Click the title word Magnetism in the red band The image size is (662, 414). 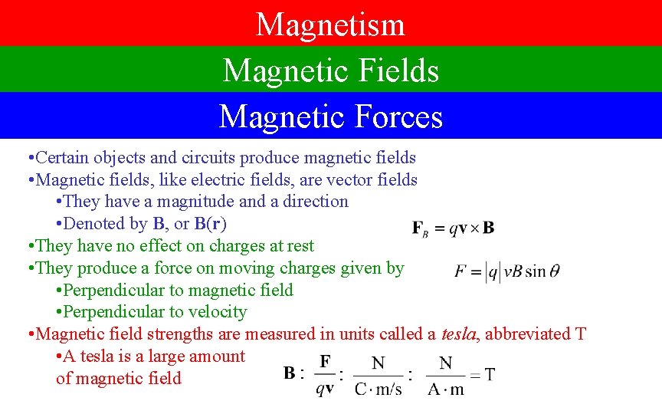(330, 24)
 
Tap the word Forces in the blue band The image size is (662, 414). (398, 117)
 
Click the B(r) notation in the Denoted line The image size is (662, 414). (210, 224)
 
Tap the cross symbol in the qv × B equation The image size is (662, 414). (474, 228)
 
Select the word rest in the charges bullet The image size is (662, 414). (300, 246)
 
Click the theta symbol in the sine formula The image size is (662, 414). (555, 271)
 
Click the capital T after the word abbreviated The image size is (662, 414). (580, 334)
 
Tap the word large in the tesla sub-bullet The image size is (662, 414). (168, 356)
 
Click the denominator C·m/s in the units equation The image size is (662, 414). (379, 389)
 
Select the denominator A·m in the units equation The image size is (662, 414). (446, 389)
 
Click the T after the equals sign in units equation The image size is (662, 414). (489, 375)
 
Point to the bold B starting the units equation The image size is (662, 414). (291, 374)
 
